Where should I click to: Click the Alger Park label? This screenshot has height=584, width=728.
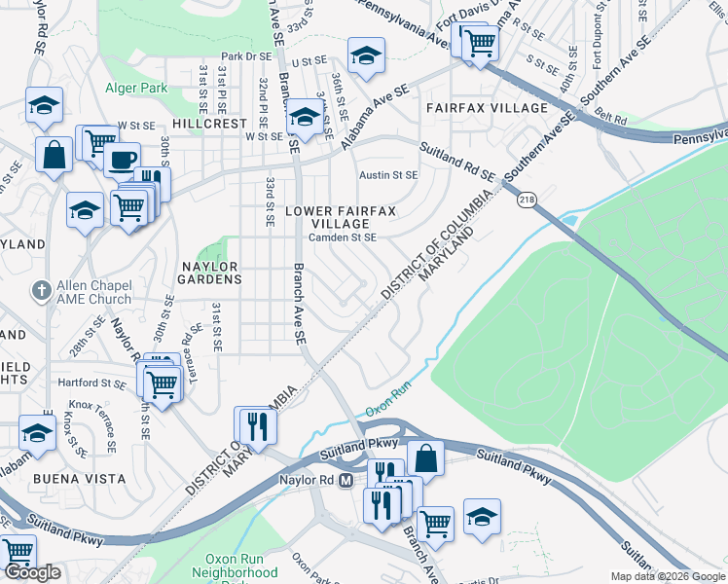[x=136, y=89]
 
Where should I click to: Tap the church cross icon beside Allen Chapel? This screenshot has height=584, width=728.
[x=40, y=291]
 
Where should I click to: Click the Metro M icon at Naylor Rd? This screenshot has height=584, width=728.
[x=345, y=481]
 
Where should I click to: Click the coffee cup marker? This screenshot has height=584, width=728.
[x=122, y=160]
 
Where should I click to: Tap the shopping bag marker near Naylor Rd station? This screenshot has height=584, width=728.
[x=425, y=457]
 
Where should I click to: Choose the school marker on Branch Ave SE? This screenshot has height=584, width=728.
[x=305, y=118]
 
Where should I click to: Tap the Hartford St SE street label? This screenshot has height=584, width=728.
[x=92, y=383]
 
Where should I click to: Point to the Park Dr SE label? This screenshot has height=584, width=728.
[x=244, y=56]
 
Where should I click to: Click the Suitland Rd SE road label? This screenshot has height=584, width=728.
[x=457, y=163]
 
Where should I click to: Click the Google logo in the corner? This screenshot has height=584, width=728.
[x=33, y=572]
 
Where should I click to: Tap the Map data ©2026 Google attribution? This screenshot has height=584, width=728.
[x=668, y=576]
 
